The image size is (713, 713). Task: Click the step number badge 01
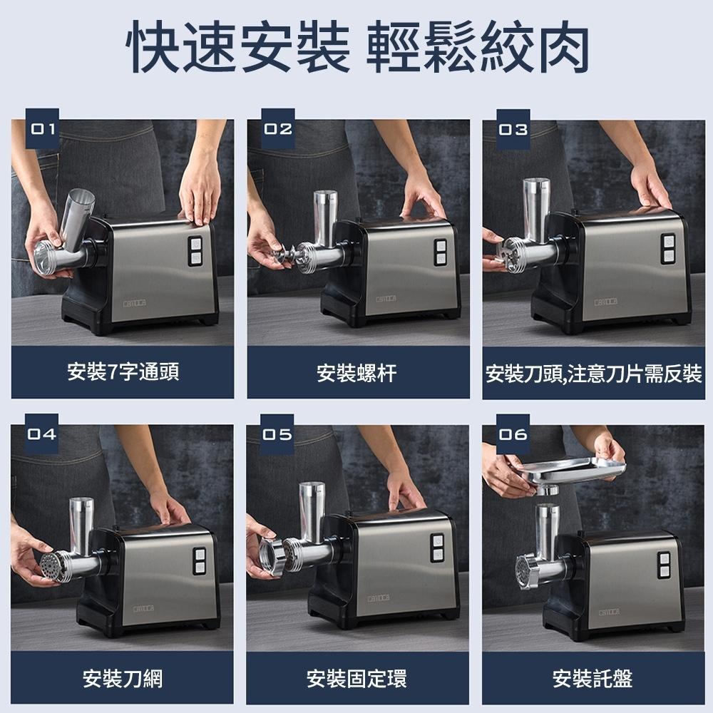[42, 128]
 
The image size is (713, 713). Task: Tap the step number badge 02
[278, 128]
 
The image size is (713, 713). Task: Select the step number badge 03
[513, 129]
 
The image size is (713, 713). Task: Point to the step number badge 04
[42, 434]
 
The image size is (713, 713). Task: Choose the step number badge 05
[277, 434]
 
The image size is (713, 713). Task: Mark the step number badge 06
[513, 434]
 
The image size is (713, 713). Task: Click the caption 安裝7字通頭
[123, 372]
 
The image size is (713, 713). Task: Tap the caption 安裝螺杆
[357, 373]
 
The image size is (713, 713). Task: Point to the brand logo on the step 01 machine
[135, 303]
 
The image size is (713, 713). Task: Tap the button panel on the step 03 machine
[668, 248]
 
